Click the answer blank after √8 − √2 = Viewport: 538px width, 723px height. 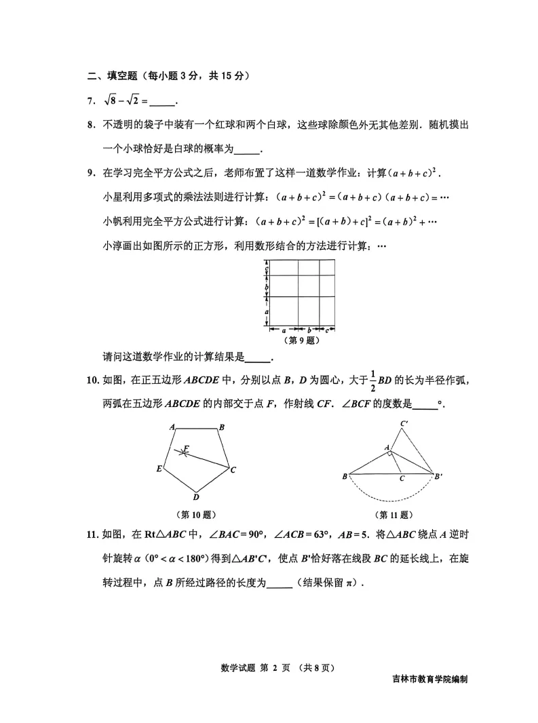(x=162, y=102)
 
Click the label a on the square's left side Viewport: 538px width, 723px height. (x=267, y=311)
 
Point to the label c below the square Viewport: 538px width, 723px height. (x=327, y=330)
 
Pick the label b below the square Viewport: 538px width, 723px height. (x=309, y=330)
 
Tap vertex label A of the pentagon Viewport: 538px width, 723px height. (x=173, y=427)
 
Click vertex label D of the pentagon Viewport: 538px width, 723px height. (x=196, y=497)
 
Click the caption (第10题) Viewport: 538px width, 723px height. (x=195, y=515)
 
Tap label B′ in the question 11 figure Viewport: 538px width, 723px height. (x=439, y=476)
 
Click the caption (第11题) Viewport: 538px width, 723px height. (x=394, y=515)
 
